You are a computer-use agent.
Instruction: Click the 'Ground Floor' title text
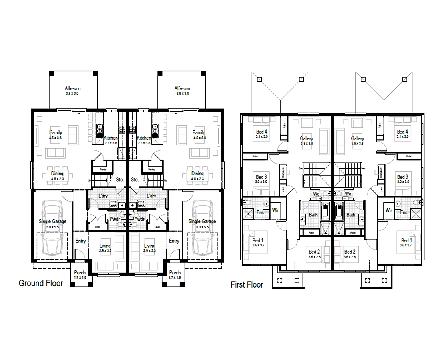41,283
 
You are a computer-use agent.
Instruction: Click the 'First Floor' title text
247,285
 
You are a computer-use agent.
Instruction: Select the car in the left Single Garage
52,228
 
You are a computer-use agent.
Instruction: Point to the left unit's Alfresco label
73,89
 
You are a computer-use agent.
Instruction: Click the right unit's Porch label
175,273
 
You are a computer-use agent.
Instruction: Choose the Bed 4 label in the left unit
261,132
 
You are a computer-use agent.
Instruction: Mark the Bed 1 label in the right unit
405,240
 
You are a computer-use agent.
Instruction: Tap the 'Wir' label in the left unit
275,210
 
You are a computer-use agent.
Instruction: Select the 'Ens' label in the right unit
404,212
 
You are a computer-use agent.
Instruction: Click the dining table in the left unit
57,174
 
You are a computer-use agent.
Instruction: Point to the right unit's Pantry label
152,169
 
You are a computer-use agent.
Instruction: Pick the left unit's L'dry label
104,196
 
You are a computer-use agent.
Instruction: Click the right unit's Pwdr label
139,219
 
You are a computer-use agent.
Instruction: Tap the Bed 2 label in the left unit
314,252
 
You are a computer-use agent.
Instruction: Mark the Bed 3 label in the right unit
402,177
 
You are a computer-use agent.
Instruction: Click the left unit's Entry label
80,241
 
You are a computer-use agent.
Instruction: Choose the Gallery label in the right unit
357,138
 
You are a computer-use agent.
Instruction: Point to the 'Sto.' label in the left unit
120,180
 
